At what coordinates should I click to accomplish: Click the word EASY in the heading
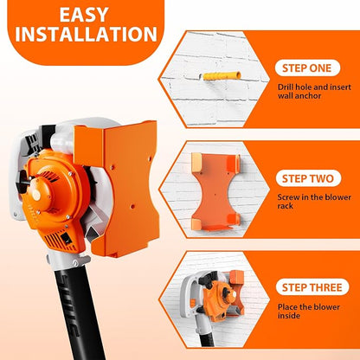coord(84,15)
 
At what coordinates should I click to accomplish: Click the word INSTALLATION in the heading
coord(87,35)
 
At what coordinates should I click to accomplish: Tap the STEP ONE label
coord(307,68)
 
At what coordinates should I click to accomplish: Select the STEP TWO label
coord(308,178)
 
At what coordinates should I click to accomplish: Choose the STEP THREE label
coord(312,287)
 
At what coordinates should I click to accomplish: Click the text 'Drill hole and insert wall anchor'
coord(314,91)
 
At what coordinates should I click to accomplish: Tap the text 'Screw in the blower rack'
coord(314,202)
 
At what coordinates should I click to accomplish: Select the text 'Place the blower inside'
coord(309,311)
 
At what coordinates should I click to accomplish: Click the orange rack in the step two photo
coord(215,192)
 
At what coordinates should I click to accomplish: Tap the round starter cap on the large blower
coord(36,195)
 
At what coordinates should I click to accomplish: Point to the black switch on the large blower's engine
coord(67,238)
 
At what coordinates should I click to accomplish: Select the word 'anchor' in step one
coord(306,96)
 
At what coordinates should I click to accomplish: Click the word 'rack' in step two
coord(286,206)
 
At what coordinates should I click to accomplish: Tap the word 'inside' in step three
coord(289,316)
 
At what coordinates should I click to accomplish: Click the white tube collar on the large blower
coord(68,260)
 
